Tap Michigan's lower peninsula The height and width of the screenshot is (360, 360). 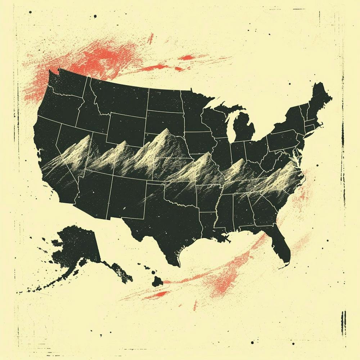245,128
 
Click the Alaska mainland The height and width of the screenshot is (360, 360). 77,245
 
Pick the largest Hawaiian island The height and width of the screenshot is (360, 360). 157,281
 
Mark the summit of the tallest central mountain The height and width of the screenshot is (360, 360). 166,129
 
